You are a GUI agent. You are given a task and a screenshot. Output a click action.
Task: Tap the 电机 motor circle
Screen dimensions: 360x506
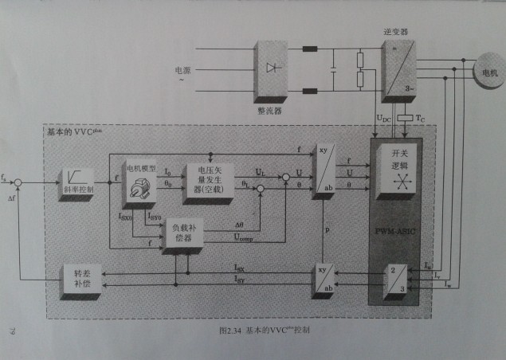pyautogui.click(x=485, y=74)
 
